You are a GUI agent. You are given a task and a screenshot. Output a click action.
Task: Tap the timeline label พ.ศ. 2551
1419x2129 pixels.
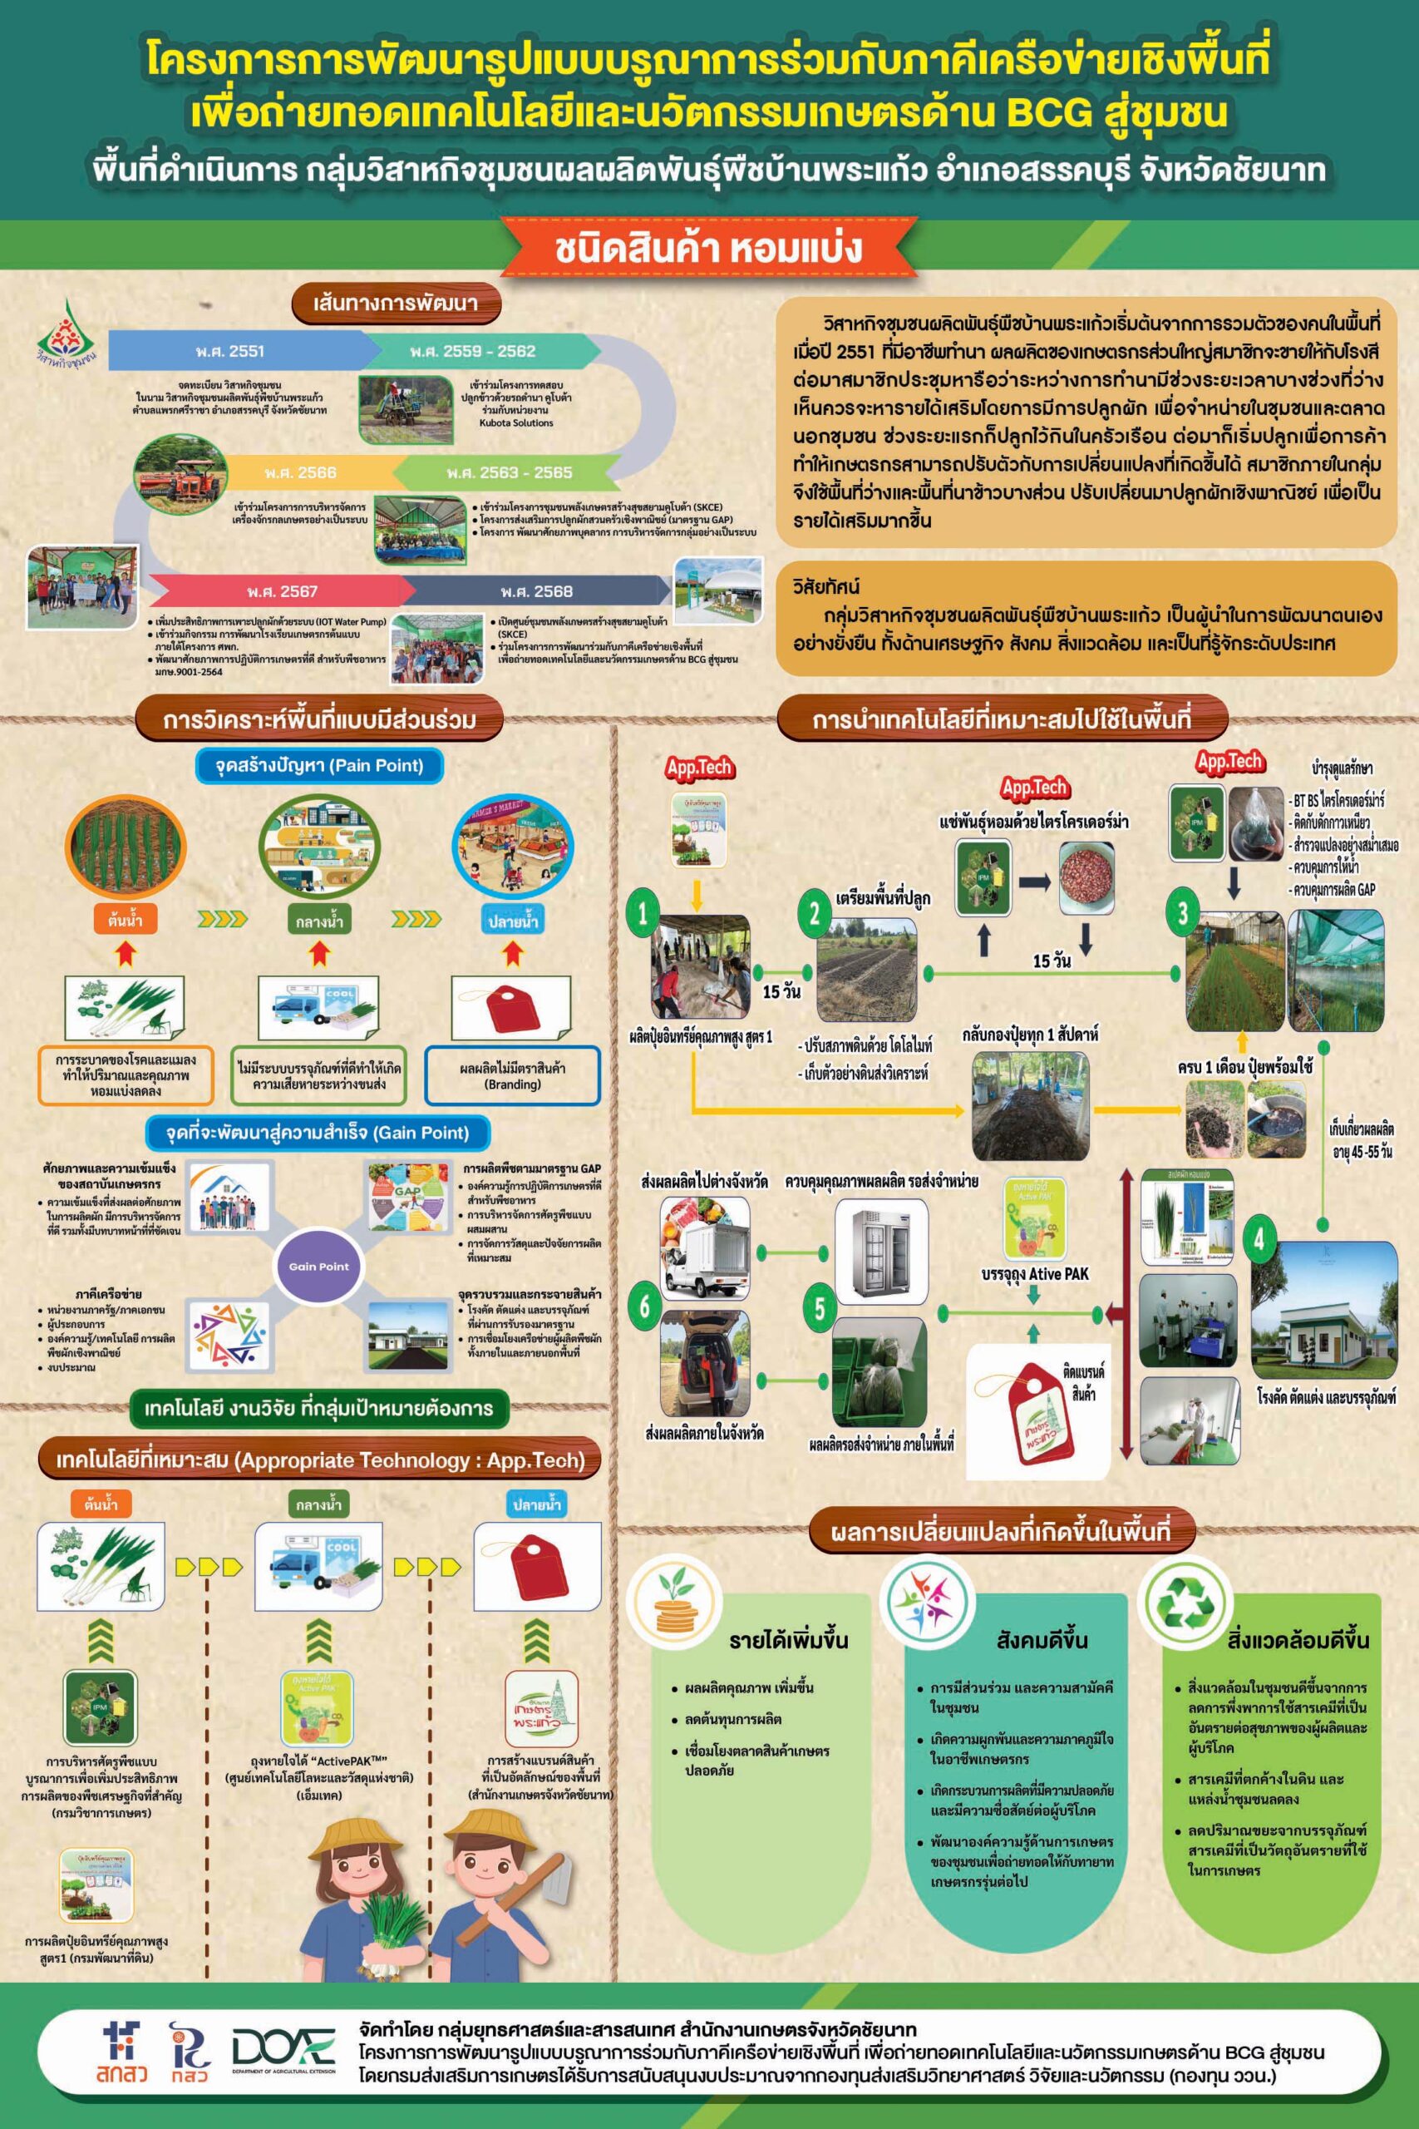pos(231,351)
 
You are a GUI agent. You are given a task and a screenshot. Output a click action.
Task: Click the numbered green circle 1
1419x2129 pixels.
pos(643,911)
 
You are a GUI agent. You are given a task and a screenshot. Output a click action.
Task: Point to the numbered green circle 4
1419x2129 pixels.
pos(1258,1239)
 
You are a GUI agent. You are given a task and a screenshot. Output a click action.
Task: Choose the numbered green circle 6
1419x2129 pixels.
pos(644,1306)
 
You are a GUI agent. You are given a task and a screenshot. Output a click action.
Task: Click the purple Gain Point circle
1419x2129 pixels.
pos(318,1266)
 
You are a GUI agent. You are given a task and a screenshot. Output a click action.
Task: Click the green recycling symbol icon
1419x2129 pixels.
pos(1185,1604)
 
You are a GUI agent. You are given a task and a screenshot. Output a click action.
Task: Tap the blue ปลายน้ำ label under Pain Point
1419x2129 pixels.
pos(513,921)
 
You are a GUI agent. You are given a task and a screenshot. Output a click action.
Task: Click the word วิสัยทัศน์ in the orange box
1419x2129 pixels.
pos(826,586)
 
